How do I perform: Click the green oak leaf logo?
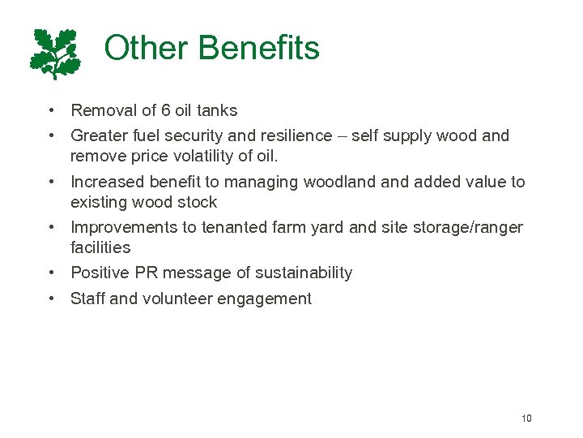pos(55,54)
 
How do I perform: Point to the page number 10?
pos(526,419)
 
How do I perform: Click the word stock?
pos(198,202)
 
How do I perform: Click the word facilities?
pos(100,247)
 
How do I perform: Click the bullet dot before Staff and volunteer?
pos(51,299)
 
